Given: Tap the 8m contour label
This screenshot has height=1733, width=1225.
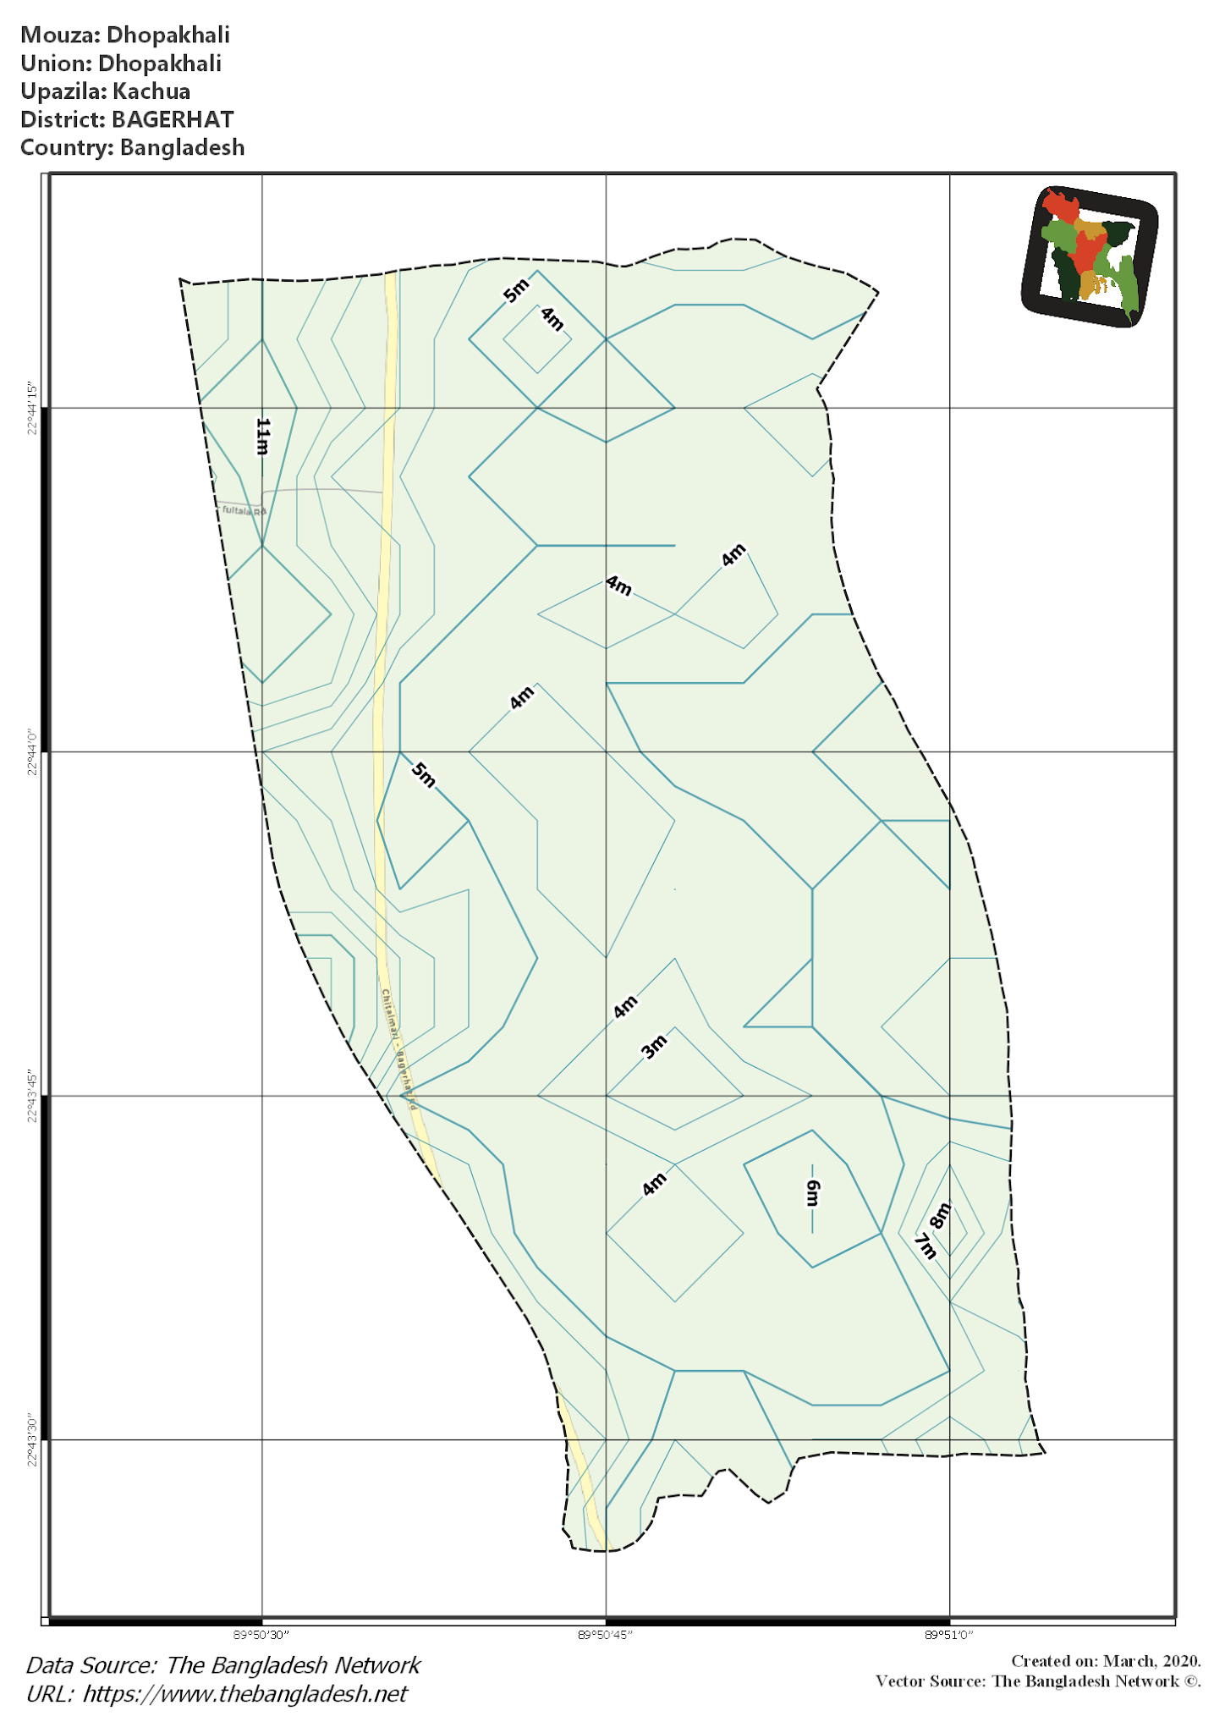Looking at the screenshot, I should click(940, 1215).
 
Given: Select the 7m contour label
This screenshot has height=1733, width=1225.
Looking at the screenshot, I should click(926, 1246).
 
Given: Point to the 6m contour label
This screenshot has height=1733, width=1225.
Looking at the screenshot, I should click(812, 1193).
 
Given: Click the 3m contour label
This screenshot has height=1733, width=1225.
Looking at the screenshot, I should click(654, 1047).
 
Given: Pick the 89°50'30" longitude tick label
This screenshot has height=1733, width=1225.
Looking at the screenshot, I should click(261, 1635).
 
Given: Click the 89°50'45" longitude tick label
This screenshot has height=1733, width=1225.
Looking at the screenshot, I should click(605, 1635).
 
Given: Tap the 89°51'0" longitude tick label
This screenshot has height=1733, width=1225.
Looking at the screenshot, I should click(948, 1635).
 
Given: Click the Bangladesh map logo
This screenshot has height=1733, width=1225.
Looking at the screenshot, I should click(1089, 256).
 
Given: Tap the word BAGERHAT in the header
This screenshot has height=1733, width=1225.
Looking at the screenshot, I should click(172, 119).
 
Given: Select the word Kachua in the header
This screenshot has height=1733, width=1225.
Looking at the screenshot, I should click(151, 91).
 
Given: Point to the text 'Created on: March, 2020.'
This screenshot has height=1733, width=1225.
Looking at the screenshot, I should click(1105, 1661).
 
